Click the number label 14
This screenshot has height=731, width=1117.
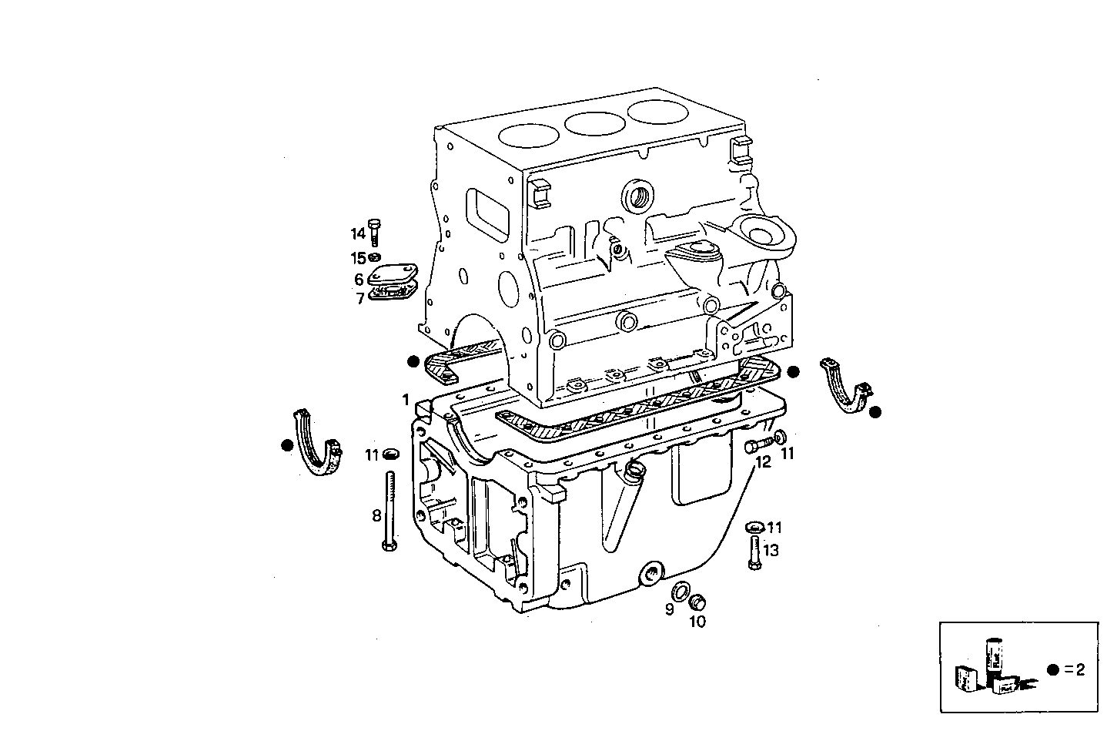358,233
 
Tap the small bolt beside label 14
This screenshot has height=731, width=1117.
375,230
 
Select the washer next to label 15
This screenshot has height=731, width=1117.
375,257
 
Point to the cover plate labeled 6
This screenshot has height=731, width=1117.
392,275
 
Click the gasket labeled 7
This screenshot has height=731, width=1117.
392,292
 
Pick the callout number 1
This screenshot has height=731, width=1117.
405,400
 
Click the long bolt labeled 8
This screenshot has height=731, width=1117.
390,511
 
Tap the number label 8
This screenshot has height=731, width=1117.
376,515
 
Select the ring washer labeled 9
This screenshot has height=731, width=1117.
681,592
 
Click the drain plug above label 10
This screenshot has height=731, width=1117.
698,602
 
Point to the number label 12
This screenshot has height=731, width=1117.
763,462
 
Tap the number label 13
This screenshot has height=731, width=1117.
771,550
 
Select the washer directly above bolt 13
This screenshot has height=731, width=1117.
754,528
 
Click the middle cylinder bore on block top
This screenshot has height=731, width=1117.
595,122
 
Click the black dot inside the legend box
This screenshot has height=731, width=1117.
1052,669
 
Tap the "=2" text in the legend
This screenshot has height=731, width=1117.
1074,669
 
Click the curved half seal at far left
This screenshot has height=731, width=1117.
316,445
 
